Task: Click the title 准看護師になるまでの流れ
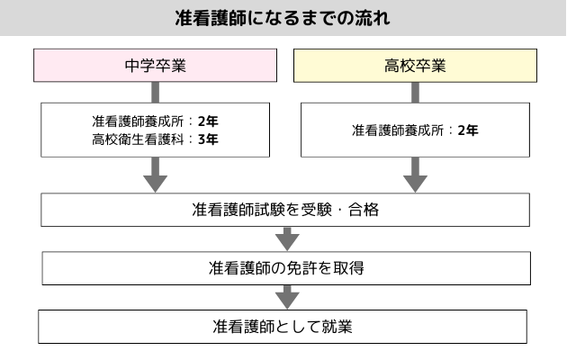[x=283, y=18]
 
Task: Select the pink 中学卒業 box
[x=156, y=66]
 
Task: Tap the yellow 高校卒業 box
[x=415, y=66]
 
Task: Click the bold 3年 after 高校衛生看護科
[x=209, y=139]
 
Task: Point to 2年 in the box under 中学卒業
[x=209, y=121]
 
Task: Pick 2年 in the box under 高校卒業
[x=468, y=130]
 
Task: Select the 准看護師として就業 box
[x=282, y=326]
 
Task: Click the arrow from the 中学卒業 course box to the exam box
[x=156, y=175]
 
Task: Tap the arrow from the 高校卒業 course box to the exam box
[x=415, y=175]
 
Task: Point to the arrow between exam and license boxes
[x=286, y=238]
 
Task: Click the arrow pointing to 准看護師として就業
[x=286, y=296]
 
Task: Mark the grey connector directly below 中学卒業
[x=156, y=91]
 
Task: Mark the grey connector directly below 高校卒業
[x=415, y=91]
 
